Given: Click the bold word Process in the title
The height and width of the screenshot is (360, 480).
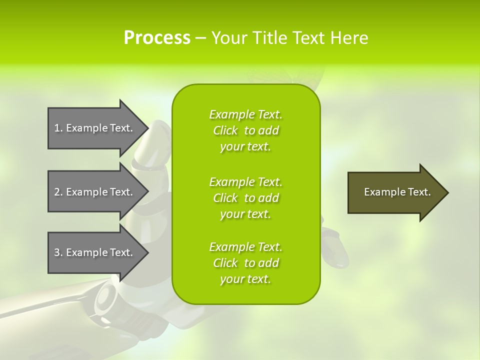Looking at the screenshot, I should tap(157, 38).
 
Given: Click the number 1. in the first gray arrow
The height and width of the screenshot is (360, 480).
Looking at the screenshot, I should tap(58, 128).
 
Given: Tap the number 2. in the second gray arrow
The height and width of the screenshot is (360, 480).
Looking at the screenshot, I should tap(58, 192).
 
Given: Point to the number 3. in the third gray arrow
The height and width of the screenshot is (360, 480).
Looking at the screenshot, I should tap(58, 252).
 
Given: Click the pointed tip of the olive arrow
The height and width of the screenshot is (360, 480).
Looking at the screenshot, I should tap(446, 192).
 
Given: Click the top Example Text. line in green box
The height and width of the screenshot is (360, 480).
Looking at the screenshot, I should tap(245, 114).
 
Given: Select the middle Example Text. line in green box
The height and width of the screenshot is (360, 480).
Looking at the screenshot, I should tap(245, 181).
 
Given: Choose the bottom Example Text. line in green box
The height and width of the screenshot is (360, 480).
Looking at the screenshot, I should tap(245, 247).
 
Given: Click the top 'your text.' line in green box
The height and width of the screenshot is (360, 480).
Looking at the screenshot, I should tap(245, 147).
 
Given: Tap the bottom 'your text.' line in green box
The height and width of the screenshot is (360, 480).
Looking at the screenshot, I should tap(245, 279).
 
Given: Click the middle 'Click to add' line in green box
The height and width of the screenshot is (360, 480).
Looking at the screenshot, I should tap(245, 198).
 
